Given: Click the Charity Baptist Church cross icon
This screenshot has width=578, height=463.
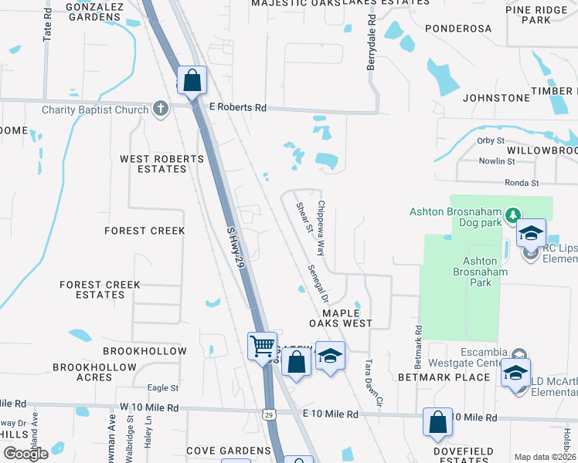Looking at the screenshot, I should click(160, 109).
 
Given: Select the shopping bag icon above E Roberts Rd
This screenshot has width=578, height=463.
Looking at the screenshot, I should click(192, 79).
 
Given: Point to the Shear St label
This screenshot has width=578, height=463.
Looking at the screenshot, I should click(304, 217).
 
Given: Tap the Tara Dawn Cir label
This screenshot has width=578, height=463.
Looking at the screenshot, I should click(373, 380).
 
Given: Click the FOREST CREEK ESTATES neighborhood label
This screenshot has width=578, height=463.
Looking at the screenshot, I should click(100, 289).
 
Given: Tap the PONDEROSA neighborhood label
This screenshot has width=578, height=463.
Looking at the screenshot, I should click(456, 29).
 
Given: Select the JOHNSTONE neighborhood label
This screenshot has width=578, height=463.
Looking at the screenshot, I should click(496, 98).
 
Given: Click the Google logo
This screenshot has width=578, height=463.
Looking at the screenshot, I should click(25, 454).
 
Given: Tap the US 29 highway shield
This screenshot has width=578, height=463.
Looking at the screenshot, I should click(268, 415).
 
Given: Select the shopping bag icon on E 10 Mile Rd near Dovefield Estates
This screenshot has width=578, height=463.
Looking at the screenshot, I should click(437, 422).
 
